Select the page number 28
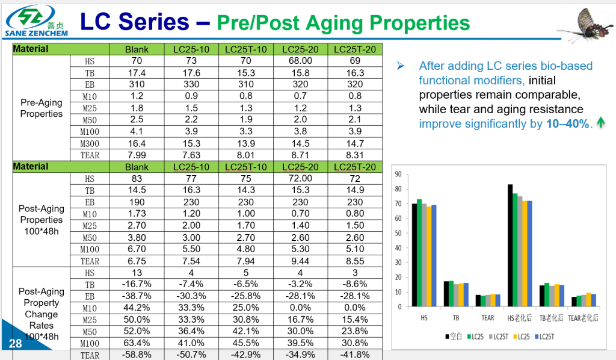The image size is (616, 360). [x=15, y=344]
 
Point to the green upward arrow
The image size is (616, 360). [x=600, y=124]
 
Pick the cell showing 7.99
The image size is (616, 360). [x=137, y=155]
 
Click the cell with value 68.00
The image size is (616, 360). [x=300, y=61]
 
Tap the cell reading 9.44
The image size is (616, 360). [x=300, y=261]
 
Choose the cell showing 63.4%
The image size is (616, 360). [x=137, y=343]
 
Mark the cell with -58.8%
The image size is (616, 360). [x=137, y=355]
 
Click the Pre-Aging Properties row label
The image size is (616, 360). [x=42, y=108]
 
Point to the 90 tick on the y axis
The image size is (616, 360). [x=398, y=175]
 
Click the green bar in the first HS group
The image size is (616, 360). [x=419, y=253]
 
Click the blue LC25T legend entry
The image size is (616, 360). [x=545, y=337]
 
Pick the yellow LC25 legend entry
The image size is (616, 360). [x=521, y=337]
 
